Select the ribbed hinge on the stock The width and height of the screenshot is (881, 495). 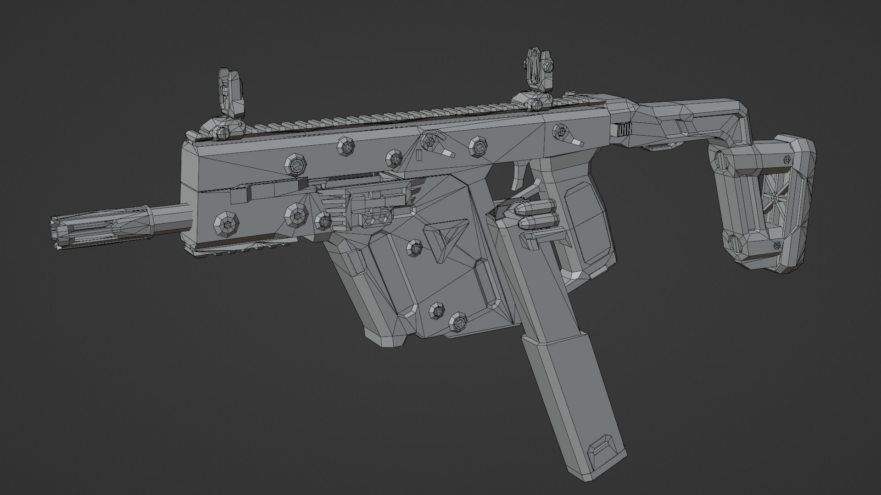pyautogui.click(x=623, y=130)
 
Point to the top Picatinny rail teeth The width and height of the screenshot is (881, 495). pyautogui.click(x=367, y=117)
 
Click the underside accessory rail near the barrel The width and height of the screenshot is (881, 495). pyautogui.click(x=229, y=252)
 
